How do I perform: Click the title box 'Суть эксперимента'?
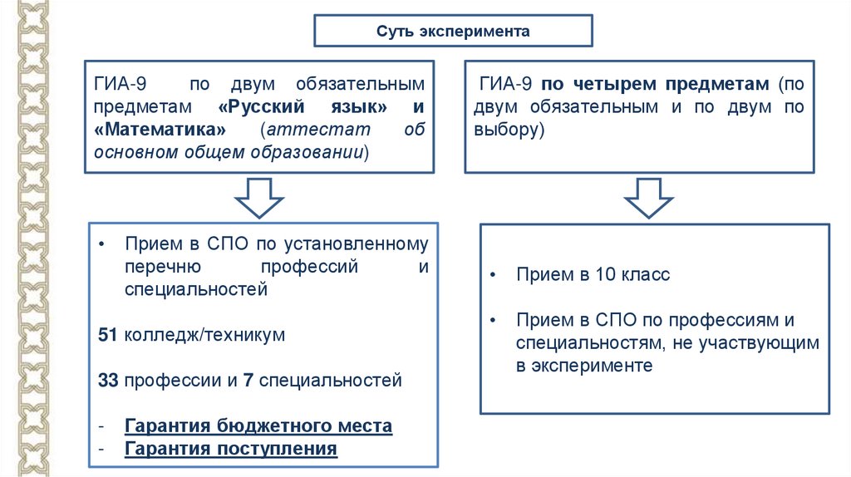pos(452,32)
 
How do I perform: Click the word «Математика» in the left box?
pos(160,130)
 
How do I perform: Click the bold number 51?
pos(107,336)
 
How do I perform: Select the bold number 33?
pos(107,381)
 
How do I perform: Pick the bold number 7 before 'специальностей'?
pos(248,381)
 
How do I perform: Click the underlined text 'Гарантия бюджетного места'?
pos(258,426)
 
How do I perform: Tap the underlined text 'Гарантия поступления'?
pos(230,450)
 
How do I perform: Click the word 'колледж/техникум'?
pos(205,336)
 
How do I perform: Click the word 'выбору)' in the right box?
pos(509,130)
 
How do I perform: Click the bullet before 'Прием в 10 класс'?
pos(493,274)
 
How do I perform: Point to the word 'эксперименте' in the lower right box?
pos(583,366)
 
